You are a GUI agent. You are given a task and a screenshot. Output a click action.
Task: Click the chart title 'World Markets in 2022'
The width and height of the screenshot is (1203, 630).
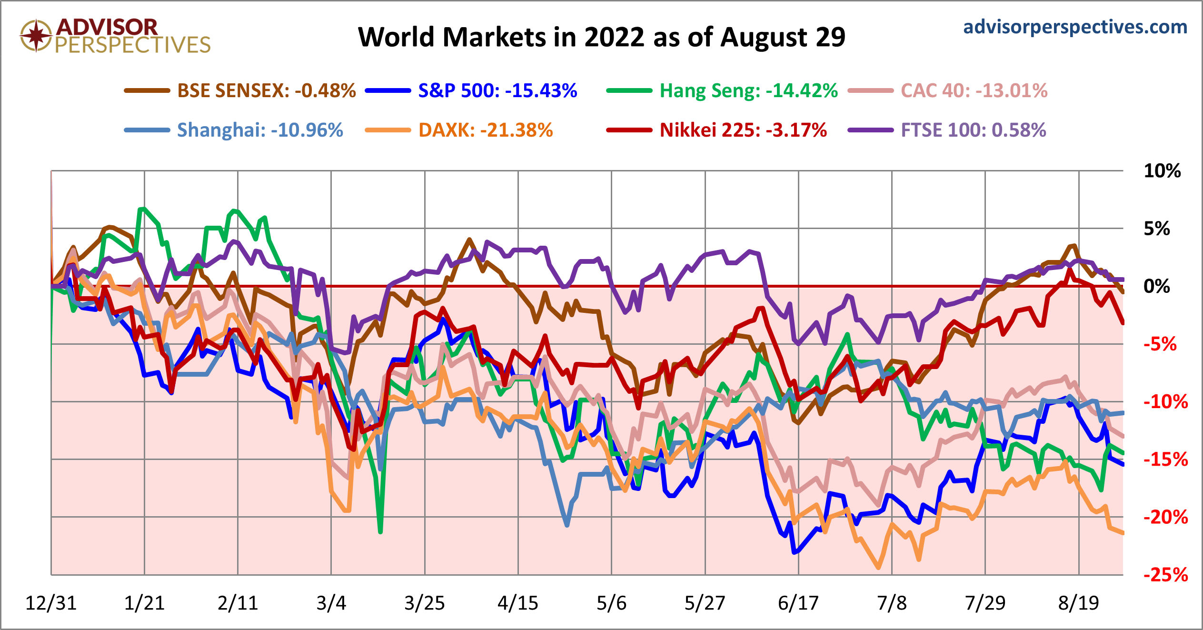601,37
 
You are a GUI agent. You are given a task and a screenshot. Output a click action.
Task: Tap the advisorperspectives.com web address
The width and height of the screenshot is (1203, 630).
1075,27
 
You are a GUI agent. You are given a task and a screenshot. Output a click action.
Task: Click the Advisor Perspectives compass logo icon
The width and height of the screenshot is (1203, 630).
36,35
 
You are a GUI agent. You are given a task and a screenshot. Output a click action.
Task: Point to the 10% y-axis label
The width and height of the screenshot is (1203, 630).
1162,171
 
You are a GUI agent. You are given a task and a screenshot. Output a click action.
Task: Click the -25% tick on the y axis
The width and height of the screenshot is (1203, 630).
1165,575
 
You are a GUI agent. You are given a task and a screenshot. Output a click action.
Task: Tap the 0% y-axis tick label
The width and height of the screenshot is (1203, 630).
1157,286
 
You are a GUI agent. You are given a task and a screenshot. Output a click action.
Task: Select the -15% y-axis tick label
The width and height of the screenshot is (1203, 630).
1165,460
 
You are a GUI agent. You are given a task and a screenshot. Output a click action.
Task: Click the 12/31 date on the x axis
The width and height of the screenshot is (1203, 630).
51,603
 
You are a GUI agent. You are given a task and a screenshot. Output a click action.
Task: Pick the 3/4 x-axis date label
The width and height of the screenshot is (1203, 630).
331,603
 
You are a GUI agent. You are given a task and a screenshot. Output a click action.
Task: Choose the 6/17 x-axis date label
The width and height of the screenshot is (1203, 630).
798,603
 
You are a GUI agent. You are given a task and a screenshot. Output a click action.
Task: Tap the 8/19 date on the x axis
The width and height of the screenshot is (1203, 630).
1079,603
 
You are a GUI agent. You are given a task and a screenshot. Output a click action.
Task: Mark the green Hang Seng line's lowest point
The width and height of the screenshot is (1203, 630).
380,531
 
